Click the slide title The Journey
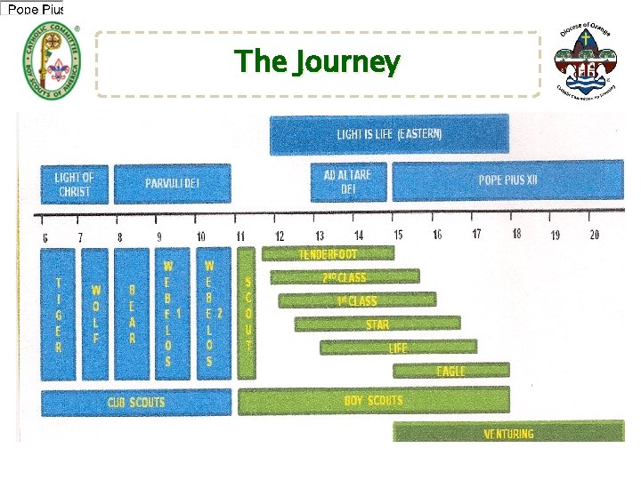[x=317, y=62]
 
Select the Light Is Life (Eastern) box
[x=390, y=134]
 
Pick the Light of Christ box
[x=74, y=184]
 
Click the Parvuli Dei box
[x=172, y=184]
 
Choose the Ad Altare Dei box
[x=348, y=181]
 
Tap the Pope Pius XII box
[x=508, y=180]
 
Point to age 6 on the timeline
[x=45, y=237]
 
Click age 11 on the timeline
[x=240, y=236]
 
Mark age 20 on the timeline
[x=594, y=235]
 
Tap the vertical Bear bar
[x=132, y=314]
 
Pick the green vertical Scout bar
[x=247, y=313]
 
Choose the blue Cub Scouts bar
[x=135, y=403]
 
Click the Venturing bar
[x=508, y=433]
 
